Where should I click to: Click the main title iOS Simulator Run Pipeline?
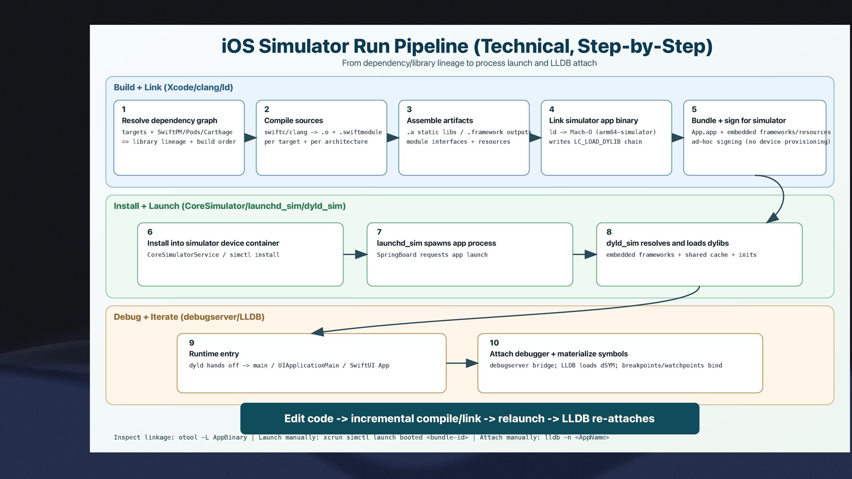[x=467, y=47]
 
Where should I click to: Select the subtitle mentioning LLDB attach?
[x=469, y=63]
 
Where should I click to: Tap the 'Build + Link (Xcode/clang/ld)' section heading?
[x=173, y=87]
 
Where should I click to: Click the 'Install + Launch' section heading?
[x=229, y=206]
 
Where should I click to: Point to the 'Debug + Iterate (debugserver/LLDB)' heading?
[x=189, y=317]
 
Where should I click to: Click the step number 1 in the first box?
[x=124, y=109]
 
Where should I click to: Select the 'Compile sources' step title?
[x=293, y=121]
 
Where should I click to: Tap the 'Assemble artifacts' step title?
[x=440, y=121]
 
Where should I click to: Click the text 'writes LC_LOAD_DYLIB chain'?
[x=595, y=142]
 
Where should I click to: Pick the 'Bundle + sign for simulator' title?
[x=738, y=121]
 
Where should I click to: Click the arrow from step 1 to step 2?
[x=251, y=137]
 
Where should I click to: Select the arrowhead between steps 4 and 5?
[x=678, y=137]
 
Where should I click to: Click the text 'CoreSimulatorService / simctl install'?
[x=213, y=255]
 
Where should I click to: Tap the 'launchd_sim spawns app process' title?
[x=436, y=243]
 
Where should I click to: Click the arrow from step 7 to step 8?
[x=584, y=255]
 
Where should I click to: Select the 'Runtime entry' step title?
[x=214, y=354]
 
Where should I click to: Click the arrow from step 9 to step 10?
[x=462, y=363]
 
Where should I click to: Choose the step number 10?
[x=494, y=343]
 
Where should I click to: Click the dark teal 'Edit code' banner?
[x=469, y=419]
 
